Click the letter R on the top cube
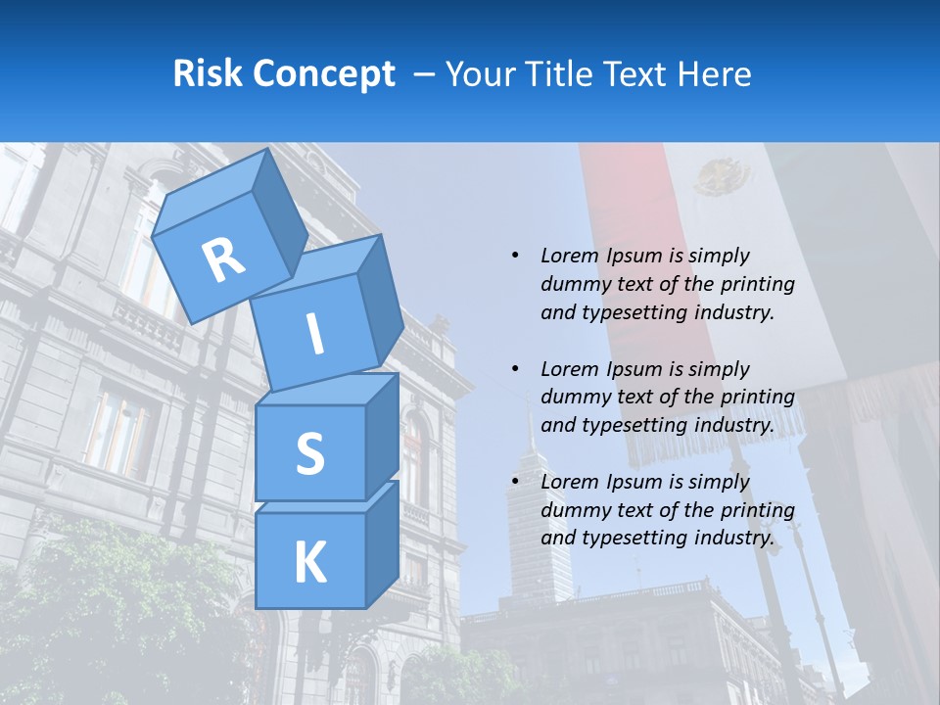coord(224,259)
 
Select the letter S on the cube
coord(309,454)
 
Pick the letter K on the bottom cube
coord(309,563)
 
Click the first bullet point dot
coord(515,256)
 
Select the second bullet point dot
coord(515,369)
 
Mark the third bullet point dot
coord(515,482)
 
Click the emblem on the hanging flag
coord(722,178)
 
